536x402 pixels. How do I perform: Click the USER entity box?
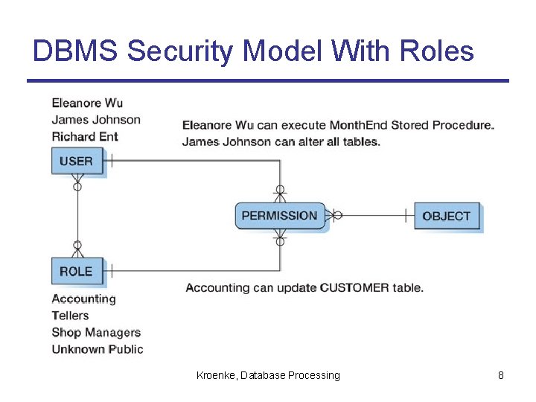pyautogui.click(x=77, y=161)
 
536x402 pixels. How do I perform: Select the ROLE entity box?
pyautogui.click(x=77, y=271)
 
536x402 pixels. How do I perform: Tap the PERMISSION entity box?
pyautogui.click(x=280, y=216)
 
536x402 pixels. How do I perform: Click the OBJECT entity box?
pyautogui.click(x=446, y=216)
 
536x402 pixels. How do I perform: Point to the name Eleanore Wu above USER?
pyautogui.click(x=87, y=103)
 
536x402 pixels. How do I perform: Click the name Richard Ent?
pyautogui.click(x=85, y=136)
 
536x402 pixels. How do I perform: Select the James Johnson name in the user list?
pyautogui.click(x=96, y=120)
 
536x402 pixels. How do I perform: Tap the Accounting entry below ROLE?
pyautogui.click(x=83, y=299)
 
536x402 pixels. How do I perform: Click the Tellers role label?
pyautogui.click(x=70, y=316)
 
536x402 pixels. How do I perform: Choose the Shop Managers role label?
pyautogui.click(x=96, y=332)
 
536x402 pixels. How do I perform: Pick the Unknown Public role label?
pyautogui.click(x=98, y=349)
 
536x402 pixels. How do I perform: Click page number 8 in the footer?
pyautogui.click(x=501, y=375)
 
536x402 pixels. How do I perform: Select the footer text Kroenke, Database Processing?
pyautogui.click(x=268, y=375)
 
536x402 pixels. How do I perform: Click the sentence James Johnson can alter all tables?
pyautogui.click(x=281, y=141)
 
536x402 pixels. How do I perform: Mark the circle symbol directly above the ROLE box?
pyautogui.click(x=77, y=245)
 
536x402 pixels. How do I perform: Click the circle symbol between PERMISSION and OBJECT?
pyautogui.click(x=337, y=216)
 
